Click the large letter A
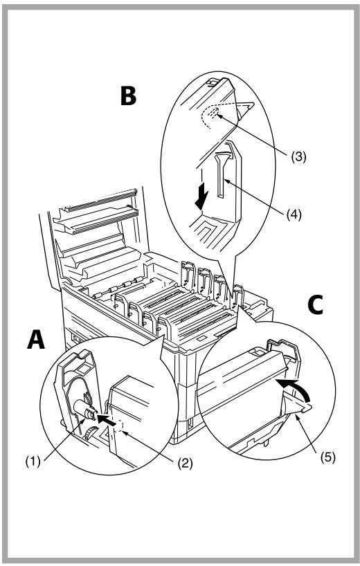coord(36,340)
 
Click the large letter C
coord(315,304)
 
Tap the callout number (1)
coord(33,462)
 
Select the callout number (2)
coord(185,462)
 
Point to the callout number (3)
coord(298,156)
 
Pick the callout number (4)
coord(294,214)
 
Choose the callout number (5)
coord(328,457)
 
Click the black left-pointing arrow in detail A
coord(107,419)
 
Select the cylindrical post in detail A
coord(84,410)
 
